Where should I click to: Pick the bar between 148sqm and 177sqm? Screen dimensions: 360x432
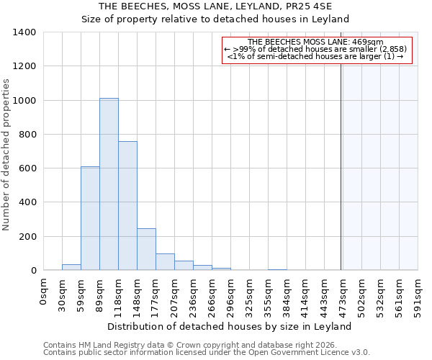coord(146,249)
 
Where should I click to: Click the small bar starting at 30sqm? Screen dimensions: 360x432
coord(71,267)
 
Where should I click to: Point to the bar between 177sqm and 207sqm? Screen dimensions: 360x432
coord(165,262)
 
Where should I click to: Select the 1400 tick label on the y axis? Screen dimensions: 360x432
coord(24,32)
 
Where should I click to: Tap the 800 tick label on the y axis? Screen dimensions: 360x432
coord(27,135)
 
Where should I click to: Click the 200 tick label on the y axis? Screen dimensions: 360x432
coord(27,237)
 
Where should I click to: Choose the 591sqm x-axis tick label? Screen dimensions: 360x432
coord(418,293)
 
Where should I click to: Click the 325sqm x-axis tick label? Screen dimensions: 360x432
coord(249,293)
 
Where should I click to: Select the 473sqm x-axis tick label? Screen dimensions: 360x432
coord(343,293)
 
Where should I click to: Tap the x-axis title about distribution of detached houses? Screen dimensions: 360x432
coord(230,326)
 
